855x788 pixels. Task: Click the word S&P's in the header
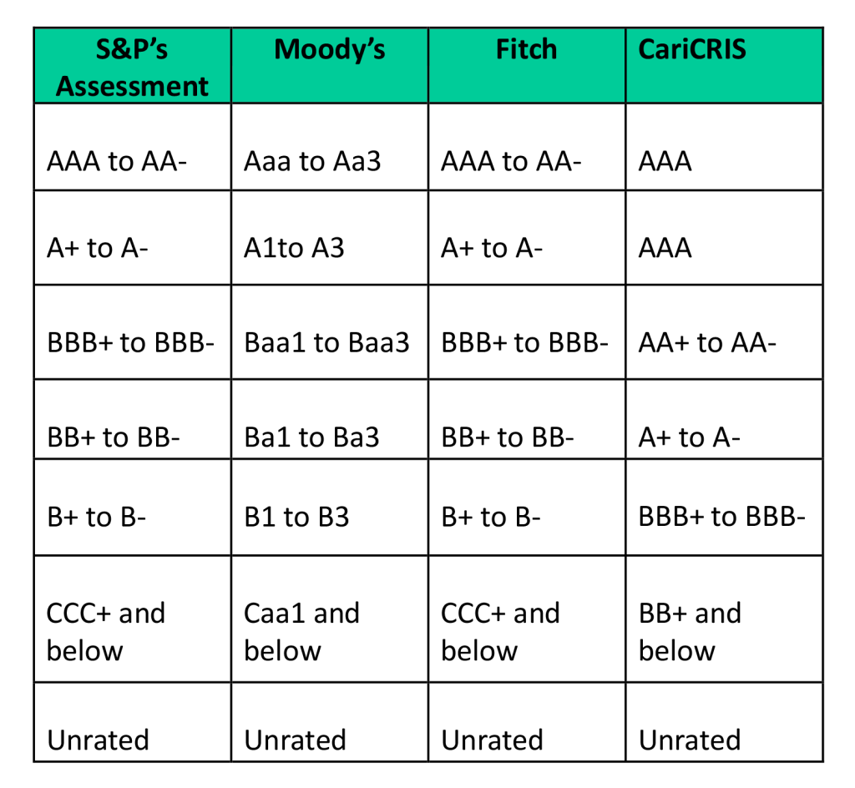132,49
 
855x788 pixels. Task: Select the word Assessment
132,86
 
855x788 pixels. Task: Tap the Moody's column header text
330,49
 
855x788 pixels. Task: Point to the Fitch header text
526,49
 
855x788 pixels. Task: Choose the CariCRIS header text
692,49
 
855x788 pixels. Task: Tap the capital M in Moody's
286,49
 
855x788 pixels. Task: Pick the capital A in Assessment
65,86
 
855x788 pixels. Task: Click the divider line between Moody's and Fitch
428,65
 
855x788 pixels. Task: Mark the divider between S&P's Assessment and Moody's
231,65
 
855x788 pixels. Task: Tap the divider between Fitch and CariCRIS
625,65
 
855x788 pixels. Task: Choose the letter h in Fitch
549,49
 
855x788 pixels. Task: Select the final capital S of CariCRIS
739,49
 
